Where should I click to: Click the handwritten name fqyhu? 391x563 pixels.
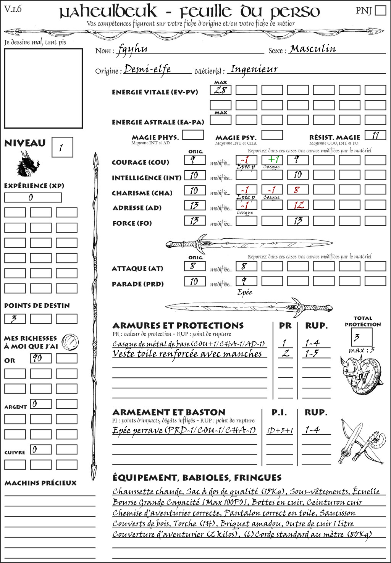coord(132,49)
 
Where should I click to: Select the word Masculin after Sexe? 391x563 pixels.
coord(313,49)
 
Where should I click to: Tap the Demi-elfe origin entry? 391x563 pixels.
coord(147,70)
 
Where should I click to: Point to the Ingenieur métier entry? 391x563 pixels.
coord(254,70)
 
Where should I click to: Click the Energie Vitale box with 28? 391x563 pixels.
coord(221,90)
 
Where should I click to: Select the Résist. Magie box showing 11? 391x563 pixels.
coord(375,135)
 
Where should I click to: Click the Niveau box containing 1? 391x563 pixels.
coord(62,147)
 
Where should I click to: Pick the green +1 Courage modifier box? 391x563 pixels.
coord(272,160)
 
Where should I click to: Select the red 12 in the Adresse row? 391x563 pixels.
coord(298,205)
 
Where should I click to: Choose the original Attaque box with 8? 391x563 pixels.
coord(195,266)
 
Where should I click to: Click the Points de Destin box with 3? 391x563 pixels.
coord(15,319)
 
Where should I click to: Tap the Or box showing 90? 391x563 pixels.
coord(40,358)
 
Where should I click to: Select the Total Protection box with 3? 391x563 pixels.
coord(362,337)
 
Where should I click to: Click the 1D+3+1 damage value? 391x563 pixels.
coord(280,431)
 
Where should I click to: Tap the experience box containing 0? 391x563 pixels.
coord(33,197)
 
